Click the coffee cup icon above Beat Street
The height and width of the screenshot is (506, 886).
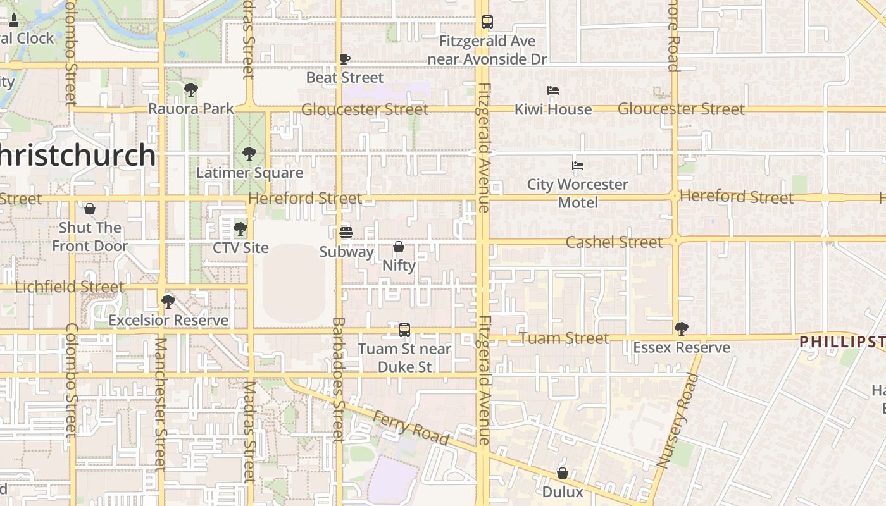[x=345, y=59]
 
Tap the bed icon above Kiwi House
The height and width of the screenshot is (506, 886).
[x=553, y=90]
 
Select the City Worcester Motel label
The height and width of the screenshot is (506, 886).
[x=578, y=194]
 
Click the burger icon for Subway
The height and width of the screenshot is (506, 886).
[x=346, y=233]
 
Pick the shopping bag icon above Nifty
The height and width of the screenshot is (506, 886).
[x=399, y=247]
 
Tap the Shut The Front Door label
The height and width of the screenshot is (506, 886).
[x=90, y=237]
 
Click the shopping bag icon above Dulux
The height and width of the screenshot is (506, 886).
[x=562, y=473]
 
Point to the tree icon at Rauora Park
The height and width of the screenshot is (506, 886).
[x=191, y=90]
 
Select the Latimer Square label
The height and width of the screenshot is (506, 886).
[x=249, y=173]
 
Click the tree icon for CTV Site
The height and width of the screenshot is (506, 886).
[x=240, y=229]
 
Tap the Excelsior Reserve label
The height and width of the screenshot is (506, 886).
[x=168, y=320]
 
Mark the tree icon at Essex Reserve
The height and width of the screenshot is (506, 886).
[x=681, y=328]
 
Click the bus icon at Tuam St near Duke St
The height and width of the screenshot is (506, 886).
[x=404, y=330]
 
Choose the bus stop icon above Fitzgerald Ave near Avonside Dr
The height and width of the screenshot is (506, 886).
[x=487, y=22]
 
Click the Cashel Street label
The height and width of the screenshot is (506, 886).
[x=614, y=242]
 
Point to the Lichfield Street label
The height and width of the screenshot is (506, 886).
[x=70, y=287]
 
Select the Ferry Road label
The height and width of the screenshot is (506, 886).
[x=411, y=428]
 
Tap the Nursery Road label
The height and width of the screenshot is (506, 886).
[x=677, y=421]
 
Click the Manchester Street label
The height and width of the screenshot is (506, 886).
[x=160, y=405]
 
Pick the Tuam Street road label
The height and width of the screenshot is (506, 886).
[x=565, y=338]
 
